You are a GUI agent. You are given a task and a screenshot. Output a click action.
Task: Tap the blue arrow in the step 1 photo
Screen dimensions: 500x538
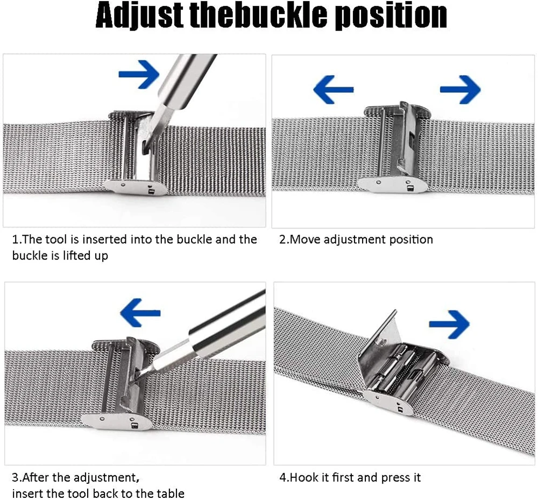click(x=139, y=74)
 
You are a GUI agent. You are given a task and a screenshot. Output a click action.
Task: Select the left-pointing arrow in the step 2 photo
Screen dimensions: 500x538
click(x=333, y=88)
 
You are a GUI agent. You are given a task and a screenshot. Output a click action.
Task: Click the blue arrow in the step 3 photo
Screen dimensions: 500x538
click(x=140, y=312)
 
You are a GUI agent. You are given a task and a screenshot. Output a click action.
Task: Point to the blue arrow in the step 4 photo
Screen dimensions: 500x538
click(x=449, y=323)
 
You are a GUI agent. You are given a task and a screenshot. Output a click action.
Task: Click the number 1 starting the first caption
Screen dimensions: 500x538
click(x=15, y=239)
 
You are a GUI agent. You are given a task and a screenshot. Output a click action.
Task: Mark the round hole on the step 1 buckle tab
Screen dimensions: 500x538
click(x=124, y=184)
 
